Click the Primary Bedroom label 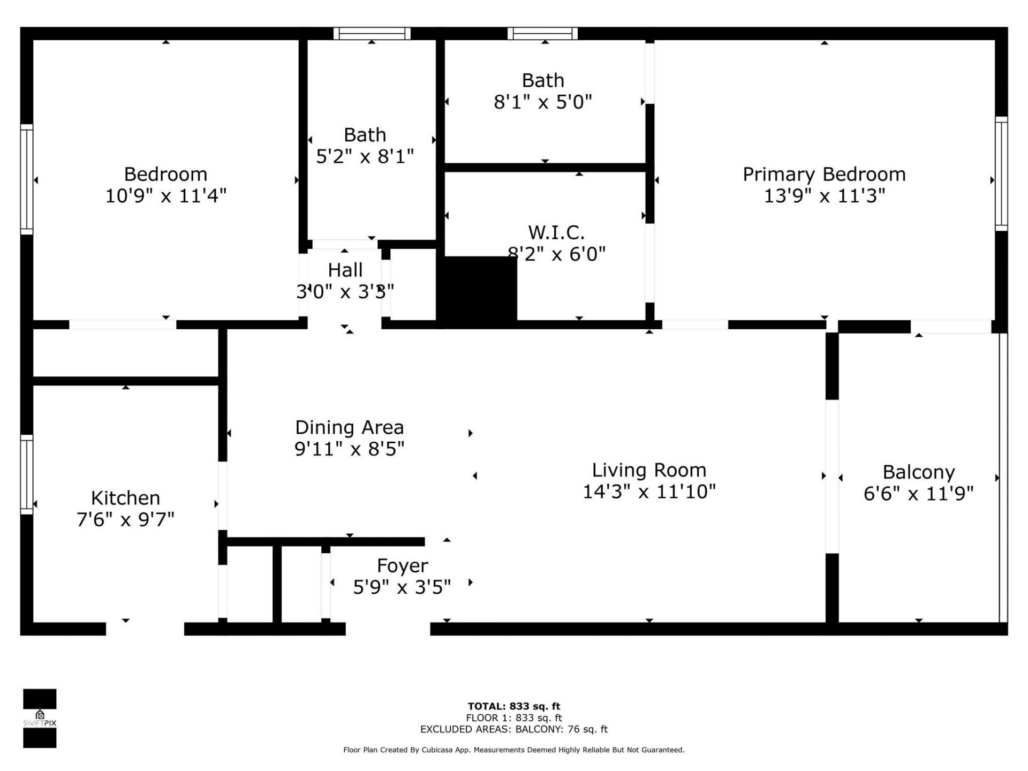coord(823,175)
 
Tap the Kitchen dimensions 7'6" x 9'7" coord(125,519)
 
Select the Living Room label coord(648,470)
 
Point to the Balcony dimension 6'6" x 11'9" coord(918,493)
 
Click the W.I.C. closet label coord(556,232)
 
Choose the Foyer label coord(402,565)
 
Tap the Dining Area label coord(349,427)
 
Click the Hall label coord(345,270)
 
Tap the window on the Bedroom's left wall coord(27,179)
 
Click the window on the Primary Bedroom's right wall coord(1001,174)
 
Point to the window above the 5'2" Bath coord(372,34)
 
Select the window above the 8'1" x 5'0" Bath coord(542,34)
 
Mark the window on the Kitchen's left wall coord(27,474)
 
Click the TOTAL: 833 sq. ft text coord(513,706)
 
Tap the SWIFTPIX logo coord(40,718)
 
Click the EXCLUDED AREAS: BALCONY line coord(513,729)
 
